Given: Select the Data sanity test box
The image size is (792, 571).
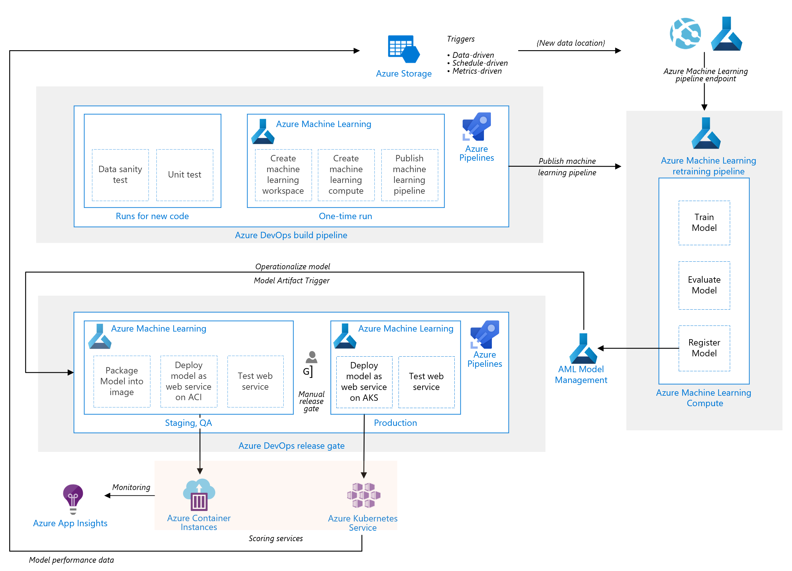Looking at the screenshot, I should click(x=120, y=175).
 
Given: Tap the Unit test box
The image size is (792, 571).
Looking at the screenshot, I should click(x=184, y=175).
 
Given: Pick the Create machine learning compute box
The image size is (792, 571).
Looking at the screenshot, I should click(x=346, y=175).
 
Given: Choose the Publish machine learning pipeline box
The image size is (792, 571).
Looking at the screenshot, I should click(x=409, y=175).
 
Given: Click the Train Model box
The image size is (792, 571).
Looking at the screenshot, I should click(x=704, y=223).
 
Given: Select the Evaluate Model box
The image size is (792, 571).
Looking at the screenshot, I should click(x=704, y=285).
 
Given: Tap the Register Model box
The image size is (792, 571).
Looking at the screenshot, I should click(x=704, y=348).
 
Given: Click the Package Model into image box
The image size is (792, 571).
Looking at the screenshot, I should click(x=122, y=381).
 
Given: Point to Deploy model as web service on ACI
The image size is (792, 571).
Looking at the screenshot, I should click(x=188, y=381).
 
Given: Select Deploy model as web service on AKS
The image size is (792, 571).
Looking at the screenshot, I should click(x=364, y=382).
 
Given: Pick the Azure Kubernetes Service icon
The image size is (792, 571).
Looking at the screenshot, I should click(x=363, y=495).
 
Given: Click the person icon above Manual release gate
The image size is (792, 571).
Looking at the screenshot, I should click(x=311, y=357).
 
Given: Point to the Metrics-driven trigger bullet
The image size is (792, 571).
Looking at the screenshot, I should click(x=477, y=71).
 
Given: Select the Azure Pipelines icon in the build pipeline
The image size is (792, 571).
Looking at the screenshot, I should click(x=476, y=126).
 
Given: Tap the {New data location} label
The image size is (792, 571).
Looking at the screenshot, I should click(x=570, y=43).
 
